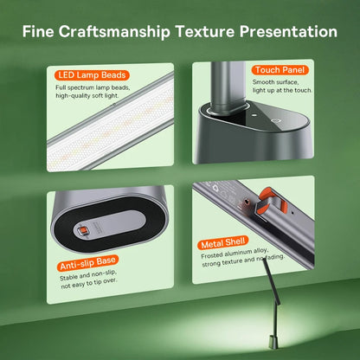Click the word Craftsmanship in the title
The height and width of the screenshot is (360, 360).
[114, 32]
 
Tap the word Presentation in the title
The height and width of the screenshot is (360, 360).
[288, 31]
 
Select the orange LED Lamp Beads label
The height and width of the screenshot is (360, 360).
[92, 75]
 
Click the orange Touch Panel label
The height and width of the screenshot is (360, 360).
[280, 70]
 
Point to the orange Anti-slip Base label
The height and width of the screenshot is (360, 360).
[87, 263]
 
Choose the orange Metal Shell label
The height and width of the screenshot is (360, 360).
[223, 243]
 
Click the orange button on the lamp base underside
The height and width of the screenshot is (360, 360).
[83, 230]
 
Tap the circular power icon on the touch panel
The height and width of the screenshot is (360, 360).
[275, 121]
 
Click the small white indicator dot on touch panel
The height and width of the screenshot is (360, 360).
[254, 115]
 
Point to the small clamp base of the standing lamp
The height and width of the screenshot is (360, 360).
[273, 342]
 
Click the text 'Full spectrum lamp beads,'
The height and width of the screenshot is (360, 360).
[93, 87]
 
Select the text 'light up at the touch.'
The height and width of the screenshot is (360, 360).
[282, 90]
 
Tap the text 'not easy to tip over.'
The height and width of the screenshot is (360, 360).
[89, 283]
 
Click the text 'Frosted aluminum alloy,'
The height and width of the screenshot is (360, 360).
[235, 253]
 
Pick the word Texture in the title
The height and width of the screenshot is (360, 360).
[205, 31]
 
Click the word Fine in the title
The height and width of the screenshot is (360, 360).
[38, 31]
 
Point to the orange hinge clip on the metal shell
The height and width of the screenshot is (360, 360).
[271, 202]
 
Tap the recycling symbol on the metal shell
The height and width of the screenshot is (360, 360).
[215, 189]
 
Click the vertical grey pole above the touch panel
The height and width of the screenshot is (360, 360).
[228, 86]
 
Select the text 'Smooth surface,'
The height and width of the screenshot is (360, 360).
[275, 82]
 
